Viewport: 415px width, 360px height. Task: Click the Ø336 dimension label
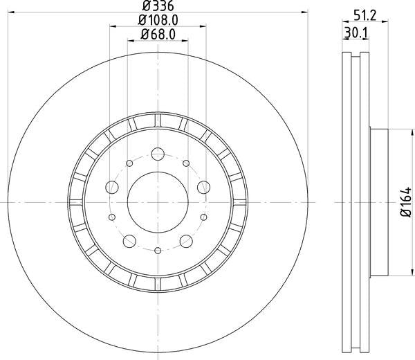(158, 6)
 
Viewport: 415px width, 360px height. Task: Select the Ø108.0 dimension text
(158, 20)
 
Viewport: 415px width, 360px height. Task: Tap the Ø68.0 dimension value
(158, 35)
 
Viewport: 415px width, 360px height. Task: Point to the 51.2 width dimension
(365, 16)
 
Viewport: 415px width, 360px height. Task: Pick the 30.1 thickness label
(356, 33)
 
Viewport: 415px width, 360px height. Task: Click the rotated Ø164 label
(406, 202)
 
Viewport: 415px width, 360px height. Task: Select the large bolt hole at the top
(158, 154)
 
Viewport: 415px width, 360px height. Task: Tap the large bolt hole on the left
(111, 188)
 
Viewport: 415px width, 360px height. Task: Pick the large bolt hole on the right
(204, 188)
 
